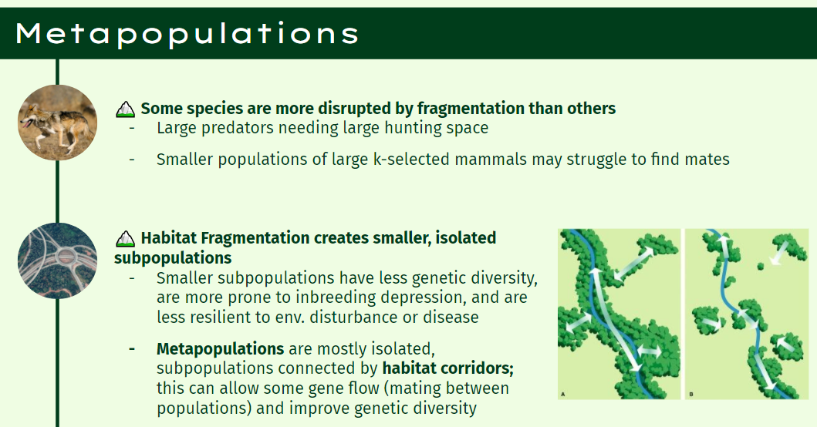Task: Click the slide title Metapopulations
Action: coord(187,34)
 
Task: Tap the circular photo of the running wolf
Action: coord(57,123)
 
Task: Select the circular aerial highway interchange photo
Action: coord(57,261)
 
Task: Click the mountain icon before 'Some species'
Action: coord(125,109)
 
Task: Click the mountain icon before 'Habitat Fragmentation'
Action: coord(125,239)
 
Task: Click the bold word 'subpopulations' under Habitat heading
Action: coord(173,258)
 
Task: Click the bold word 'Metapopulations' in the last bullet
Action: coord(221,348)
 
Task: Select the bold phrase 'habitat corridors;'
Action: coord(448,368)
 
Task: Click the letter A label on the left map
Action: coord(562,394)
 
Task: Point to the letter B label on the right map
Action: coord(691,394)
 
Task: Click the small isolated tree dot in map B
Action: coord(760,267)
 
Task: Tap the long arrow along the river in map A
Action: coord(615,320)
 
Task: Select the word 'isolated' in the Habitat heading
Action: coord(466,238)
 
